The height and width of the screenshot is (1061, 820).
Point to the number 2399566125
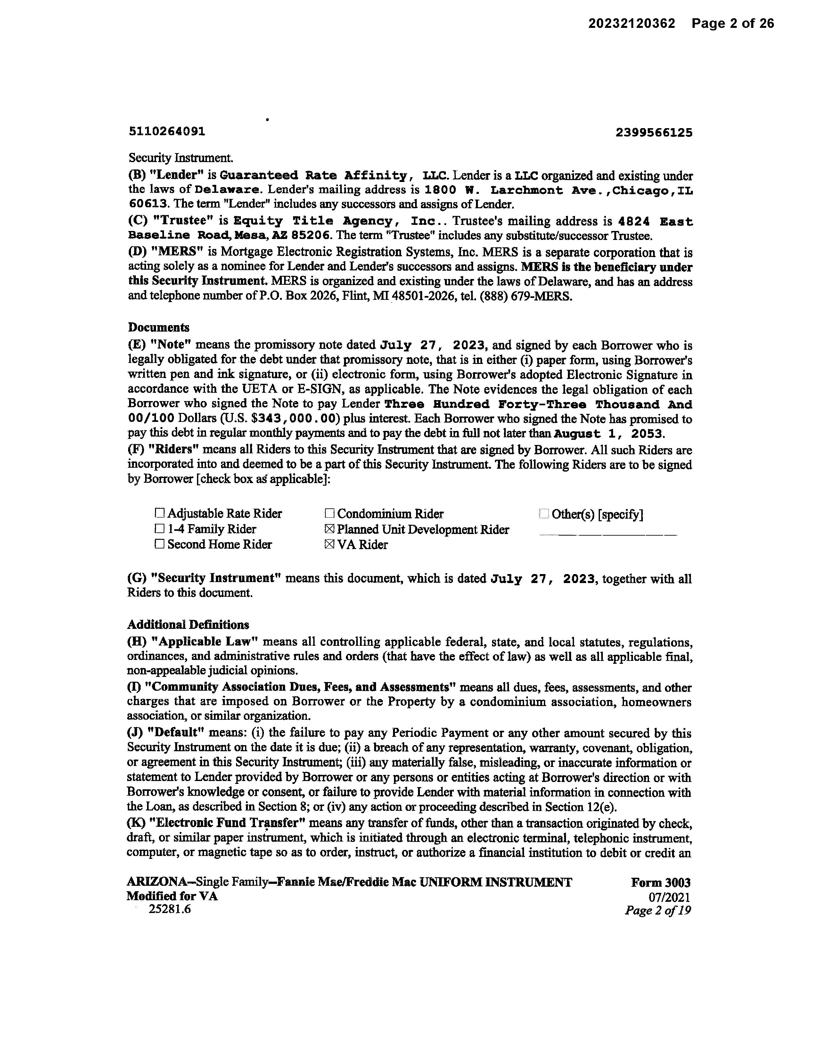[x=653, y=133]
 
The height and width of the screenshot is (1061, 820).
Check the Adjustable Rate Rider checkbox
[x=159, y=514]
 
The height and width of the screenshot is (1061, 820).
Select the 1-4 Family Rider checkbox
[x=159, y=529]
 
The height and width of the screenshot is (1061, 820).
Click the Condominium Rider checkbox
[x=329, y=514]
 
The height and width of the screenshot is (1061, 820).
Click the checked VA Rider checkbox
[x=329, y=545]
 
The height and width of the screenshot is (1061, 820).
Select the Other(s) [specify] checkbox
[x=544, y=514]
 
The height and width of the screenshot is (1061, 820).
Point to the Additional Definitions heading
[x=188, y=625]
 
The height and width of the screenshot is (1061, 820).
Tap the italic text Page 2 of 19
[x=657, y=910]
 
